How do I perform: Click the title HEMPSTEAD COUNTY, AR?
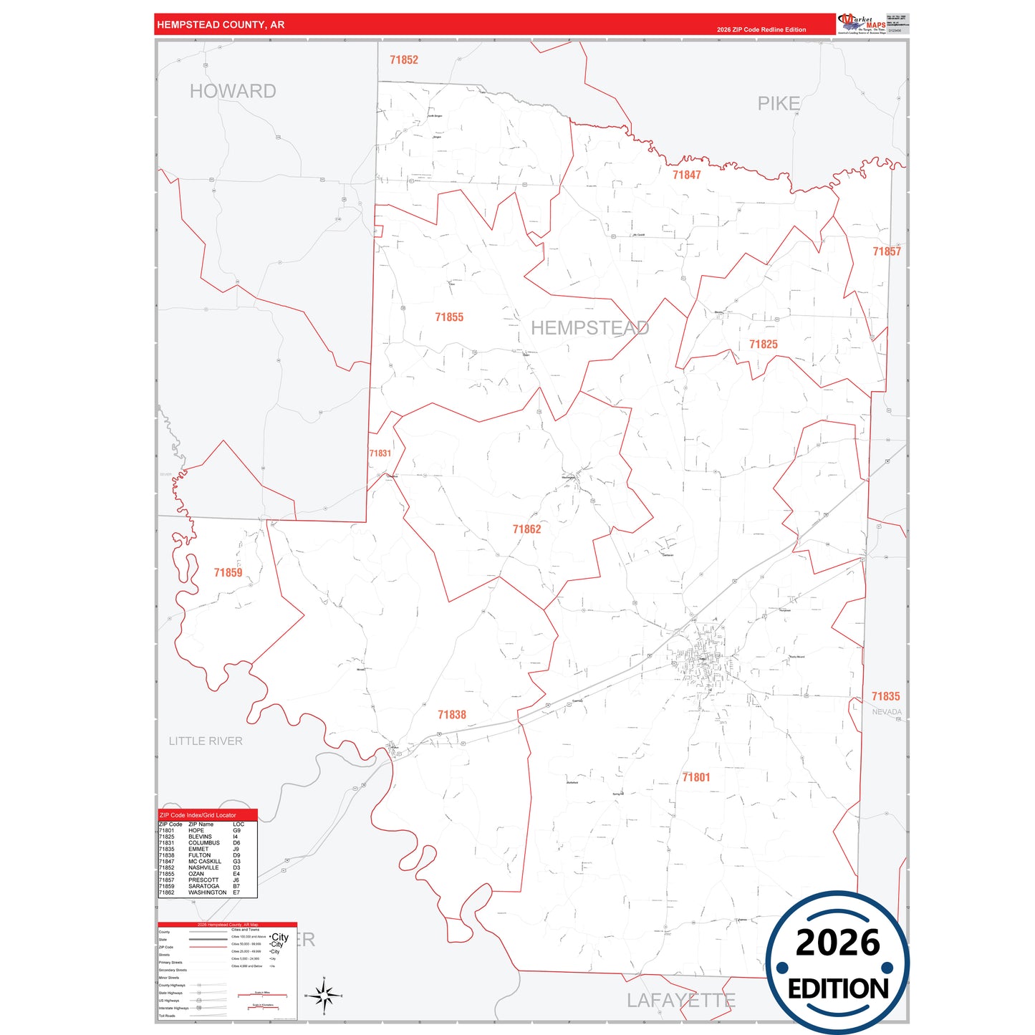[221, 25]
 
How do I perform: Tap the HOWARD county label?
[233, 92]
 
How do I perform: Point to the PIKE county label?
[779, 104]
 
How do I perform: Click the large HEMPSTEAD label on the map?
[589, 328]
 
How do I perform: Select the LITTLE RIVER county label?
[206, 741]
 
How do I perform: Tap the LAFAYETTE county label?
[680, 1001]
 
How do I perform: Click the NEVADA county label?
[887, 712]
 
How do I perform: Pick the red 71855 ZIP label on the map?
[449, 317]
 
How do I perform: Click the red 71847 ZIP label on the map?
[686, 175]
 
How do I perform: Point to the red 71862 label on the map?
[526, 529]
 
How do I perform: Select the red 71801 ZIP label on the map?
[696, 777]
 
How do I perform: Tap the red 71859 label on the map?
[228, 573]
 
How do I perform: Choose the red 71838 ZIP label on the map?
[452, 715]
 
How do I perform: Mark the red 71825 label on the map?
[763, 345]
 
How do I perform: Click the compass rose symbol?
[324, 995]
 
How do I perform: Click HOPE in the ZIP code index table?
[196, 831]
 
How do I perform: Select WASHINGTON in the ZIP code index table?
[207, 892]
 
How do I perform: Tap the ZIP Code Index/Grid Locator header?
[198, 815]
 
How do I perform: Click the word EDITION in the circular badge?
[837, 989]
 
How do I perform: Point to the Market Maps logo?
[862, 24]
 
